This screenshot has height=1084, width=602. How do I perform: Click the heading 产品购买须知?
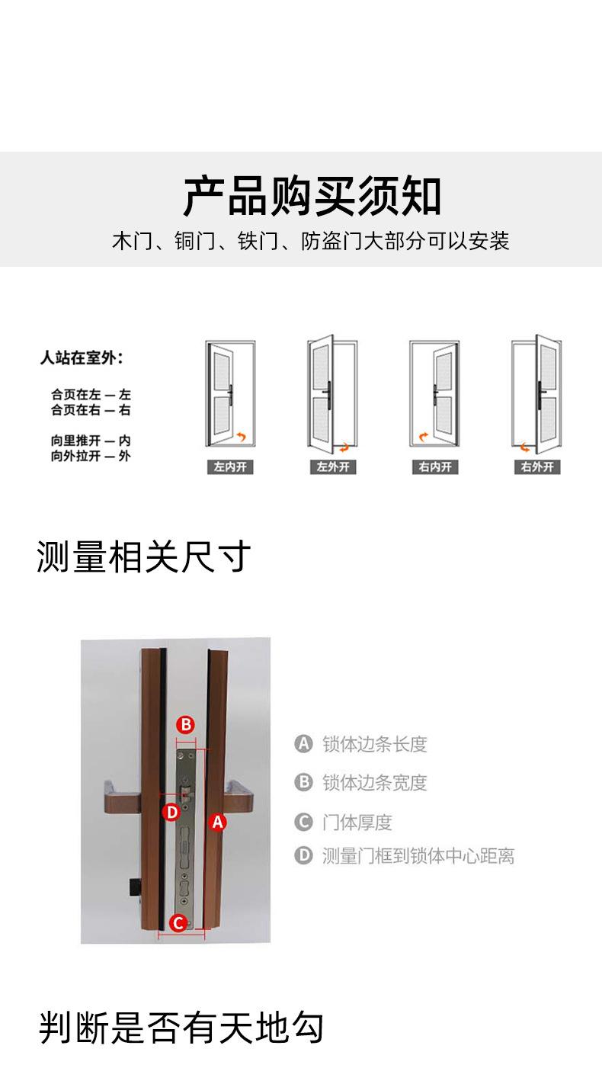coord(312,197)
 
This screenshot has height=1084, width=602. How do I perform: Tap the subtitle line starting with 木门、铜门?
coord(311,242)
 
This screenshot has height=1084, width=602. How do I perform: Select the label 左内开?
coord(229,467)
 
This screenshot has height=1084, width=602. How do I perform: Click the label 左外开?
coord(333,467)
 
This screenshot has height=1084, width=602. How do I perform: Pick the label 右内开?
coord(435,467)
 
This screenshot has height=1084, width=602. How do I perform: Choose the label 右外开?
coord(537,467)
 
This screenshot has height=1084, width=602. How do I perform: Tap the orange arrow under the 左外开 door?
coord(344,447)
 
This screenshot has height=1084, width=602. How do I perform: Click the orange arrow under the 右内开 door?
coord(421,438)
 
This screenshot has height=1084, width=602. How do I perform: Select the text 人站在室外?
coord(82,358)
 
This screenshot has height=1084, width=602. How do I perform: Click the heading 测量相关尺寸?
coord(143,557)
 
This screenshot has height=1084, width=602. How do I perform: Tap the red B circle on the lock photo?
coord(186,724)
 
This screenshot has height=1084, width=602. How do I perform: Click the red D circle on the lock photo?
coord(172,813)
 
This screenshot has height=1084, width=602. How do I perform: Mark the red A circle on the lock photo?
coord(218,822)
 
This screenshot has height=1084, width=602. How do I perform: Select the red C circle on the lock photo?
coord(178,924)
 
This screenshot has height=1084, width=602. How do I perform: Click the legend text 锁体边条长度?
coord(374,744)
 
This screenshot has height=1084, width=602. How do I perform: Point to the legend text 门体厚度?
coord(357,823)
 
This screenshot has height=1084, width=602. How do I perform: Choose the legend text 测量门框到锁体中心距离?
coord(418,856)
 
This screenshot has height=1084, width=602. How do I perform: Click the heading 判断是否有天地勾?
coord(181,1028)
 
